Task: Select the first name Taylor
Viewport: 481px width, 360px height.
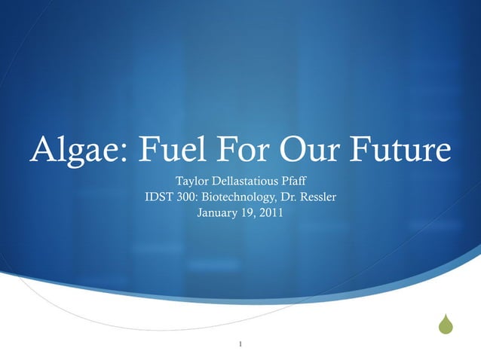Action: (x=191, y=182)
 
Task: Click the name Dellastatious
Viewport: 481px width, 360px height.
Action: (x=247, y=182)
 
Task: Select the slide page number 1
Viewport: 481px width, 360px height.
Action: (x=240, y=345)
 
